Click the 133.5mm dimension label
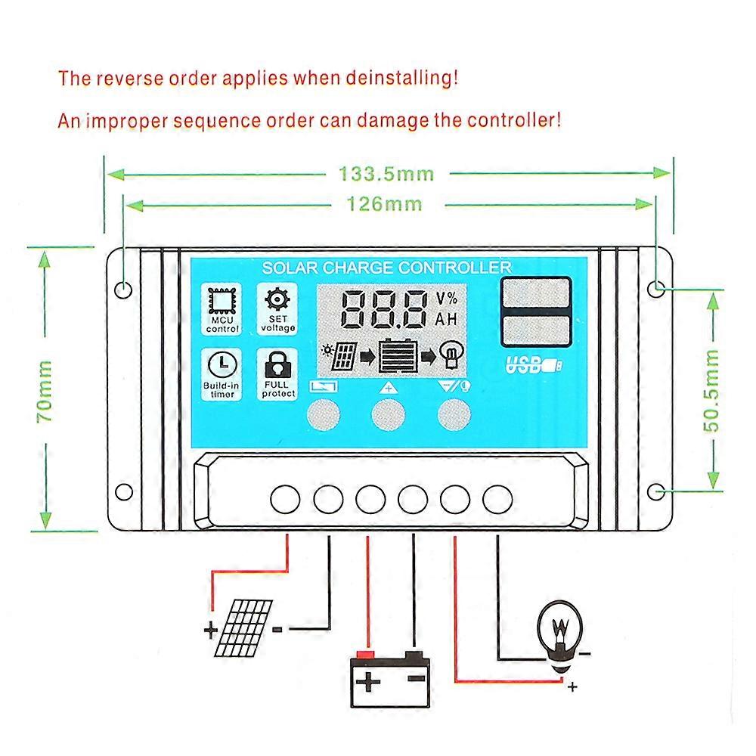386,174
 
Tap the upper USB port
535,293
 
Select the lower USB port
535,330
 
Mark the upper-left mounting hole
124,288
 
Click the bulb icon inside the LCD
451,355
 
